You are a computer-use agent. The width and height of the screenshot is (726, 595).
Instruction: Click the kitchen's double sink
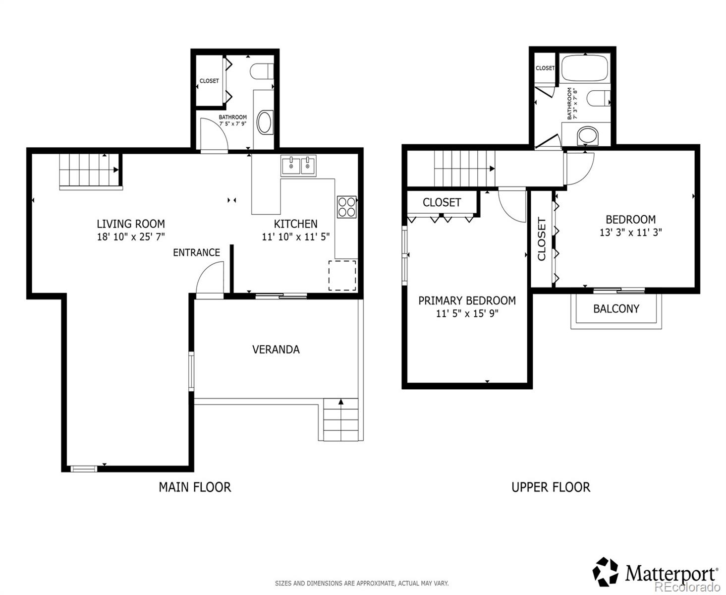pos(298,166)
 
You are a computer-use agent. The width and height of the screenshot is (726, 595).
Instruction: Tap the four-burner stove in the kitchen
pos(347,207)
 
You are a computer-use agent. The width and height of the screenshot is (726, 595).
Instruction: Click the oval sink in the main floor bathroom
pos(265,122)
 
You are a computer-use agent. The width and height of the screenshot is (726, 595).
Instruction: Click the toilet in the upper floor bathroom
pos(598,98)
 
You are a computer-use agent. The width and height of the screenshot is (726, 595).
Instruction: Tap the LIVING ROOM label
pos(130,224)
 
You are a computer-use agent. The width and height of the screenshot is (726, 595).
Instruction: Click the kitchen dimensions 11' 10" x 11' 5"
pos(296,237)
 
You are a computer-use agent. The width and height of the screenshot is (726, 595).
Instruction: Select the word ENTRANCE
pos(196,252)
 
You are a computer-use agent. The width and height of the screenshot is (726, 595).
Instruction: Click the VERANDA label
pos(276,350)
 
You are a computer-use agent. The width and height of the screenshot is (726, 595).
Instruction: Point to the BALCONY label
pos(616,308)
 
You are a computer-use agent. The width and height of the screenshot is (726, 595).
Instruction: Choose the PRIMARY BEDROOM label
pos(467,300)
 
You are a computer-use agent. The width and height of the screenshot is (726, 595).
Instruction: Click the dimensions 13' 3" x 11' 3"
pos(631,232)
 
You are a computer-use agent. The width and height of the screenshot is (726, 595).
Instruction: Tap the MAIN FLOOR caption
pos(195,487)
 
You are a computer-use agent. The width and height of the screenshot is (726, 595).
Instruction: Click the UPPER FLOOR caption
pos(551,487)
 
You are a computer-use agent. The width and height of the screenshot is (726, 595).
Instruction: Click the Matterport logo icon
pos(605,572)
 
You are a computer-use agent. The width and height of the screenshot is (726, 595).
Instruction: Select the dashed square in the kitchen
pos(342,275)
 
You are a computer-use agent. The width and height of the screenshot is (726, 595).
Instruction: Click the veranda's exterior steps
pos(341,419)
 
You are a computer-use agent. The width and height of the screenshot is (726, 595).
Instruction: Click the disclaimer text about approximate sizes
pos(362,583)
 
